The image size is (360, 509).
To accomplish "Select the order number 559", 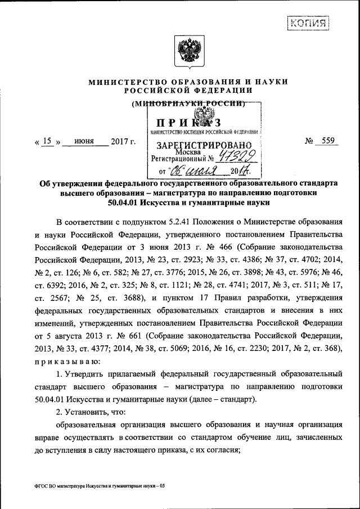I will (325, 141).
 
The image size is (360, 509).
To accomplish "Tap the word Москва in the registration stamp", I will (186, 152).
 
